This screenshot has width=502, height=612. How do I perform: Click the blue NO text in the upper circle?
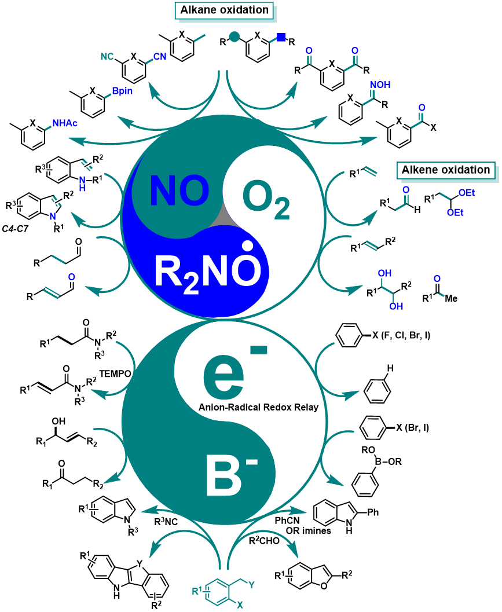point(179,191)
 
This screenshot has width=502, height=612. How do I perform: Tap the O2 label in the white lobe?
point(265,200)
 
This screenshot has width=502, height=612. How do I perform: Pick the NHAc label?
point(65,123)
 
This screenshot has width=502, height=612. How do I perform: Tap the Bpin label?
point(122,91)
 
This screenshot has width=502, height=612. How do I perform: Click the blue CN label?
point(160,57)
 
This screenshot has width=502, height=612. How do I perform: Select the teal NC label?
point(107,57)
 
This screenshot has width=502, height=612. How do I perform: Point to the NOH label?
point(380,85)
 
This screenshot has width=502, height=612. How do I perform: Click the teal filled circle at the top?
point(234,37)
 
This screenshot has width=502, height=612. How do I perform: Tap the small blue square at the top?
point(281,37)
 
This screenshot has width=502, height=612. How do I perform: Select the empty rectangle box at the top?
point(224,10)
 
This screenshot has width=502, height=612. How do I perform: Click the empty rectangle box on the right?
point(445,170)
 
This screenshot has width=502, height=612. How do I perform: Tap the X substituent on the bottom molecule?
point(240,604)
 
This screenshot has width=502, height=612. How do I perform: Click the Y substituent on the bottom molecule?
point(252,584)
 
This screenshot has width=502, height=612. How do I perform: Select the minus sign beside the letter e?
point(258,349)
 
